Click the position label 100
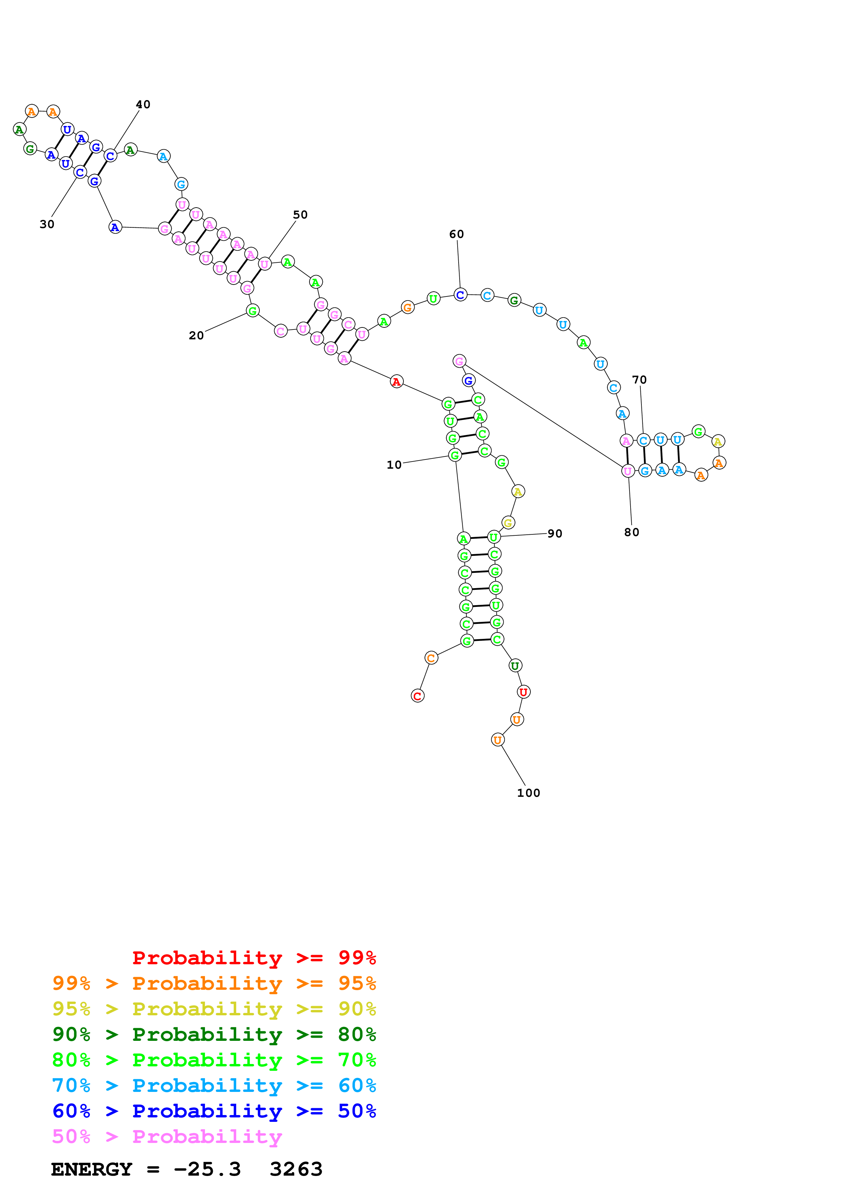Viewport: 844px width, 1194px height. click(528, 792)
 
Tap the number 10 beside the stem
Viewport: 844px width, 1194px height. click(394, 464)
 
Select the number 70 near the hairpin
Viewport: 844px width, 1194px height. click(639, 380)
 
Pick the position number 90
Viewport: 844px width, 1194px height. click(555, 534)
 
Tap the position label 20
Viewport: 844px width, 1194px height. click(196, 335)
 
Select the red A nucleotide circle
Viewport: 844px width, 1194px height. click(396, 382)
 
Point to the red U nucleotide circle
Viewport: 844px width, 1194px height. click(523, 692)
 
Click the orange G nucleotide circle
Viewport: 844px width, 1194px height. click(408, 307)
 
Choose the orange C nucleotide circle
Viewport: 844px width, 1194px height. click(431, 658)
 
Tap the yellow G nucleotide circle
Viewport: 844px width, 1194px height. click(508, 523)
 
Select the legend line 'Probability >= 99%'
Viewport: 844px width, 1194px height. click(254, 957)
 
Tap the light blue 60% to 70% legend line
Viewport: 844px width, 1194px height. click(214, 1085)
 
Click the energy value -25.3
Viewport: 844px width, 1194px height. click(207, 1169)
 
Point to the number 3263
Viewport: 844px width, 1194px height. click(296, 1169)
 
